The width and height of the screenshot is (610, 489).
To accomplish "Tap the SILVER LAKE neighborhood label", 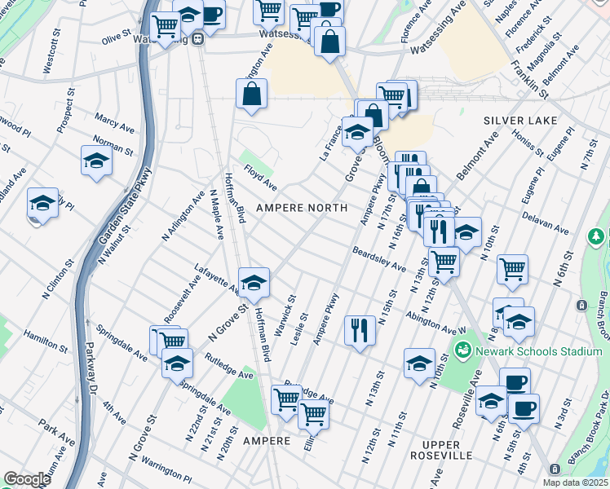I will tap(520, 121).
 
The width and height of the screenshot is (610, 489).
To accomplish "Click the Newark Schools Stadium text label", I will tap(528, 351).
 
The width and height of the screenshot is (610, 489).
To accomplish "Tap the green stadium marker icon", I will tap(463, 350).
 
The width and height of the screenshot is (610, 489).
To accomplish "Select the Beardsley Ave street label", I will tap(379, 259).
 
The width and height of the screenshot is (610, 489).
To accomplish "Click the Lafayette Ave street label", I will tap(216, 278).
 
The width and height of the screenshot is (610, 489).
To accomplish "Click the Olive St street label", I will tap(117, 38).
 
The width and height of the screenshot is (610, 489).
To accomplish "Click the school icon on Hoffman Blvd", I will tap(254, 282).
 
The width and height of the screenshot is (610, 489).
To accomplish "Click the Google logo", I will tap(27, 479).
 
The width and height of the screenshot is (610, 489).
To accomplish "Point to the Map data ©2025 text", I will tap(575, 482).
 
